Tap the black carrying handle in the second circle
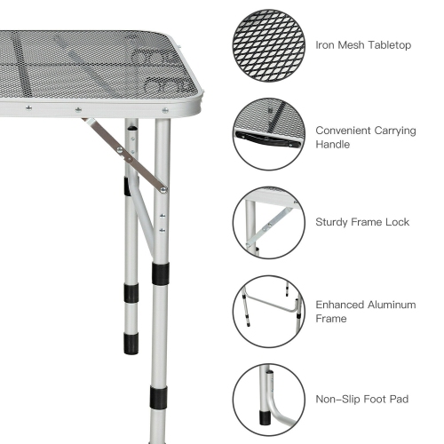click(257, 138)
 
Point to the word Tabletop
click(387, 44)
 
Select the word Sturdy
click(334, 222)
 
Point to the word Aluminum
click(394, 305)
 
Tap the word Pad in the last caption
click(401, 398)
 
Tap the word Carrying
click(395, 131)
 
